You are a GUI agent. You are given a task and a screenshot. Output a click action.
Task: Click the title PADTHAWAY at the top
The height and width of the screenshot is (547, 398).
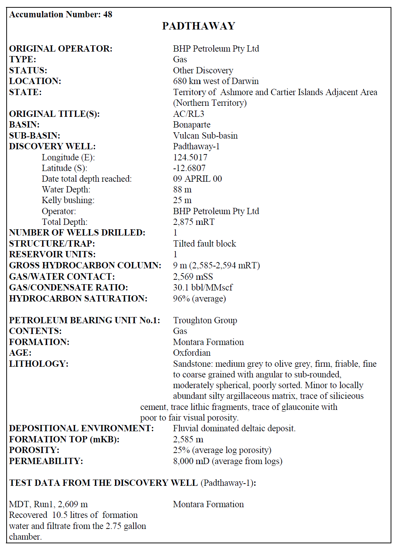tap(199, 26)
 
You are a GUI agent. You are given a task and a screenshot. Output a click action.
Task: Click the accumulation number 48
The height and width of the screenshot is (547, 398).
tap(108, 14)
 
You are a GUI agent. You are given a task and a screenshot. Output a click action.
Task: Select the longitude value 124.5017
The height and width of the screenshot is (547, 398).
tap(190, 157)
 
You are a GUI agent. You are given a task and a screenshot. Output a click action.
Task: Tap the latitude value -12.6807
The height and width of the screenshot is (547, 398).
tap(189, 168)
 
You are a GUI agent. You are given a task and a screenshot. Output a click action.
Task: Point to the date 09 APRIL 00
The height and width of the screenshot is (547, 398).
tap(198, 179)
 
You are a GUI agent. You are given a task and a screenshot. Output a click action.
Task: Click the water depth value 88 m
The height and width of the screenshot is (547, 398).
tap(182, 189)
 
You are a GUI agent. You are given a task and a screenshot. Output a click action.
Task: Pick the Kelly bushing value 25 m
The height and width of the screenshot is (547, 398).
tap(182, 200)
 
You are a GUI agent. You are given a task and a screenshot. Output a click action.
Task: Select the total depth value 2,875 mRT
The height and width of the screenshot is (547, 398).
tap(194, 222)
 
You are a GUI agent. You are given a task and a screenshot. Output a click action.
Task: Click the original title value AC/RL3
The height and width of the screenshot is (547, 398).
tap(189, 114)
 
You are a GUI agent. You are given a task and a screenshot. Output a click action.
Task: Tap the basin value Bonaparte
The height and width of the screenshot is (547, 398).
tap(192, 125)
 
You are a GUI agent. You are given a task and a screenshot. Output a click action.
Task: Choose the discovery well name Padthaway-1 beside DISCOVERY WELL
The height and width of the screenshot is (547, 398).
tap(196, 146)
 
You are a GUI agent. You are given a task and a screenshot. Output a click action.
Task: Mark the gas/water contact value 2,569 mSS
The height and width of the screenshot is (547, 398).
tap(193, 276)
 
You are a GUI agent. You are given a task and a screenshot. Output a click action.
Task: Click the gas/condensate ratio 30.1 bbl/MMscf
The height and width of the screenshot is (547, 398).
tap(203, 288)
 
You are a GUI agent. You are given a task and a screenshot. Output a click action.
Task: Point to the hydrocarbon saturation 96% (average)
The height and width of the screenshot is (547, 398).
tap(199, 299)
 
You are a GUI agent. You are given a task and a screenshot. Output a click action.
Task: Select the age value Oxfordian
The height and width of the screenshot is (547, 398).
tap(192, 353)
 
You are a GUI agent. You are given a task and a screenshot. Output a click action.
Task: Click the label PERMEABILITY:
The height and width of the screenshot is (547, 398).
tap(46, 461)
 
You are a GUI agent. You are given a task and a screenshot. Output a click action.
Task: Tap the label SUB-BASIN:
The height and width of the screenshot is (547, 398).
tap(35, 136)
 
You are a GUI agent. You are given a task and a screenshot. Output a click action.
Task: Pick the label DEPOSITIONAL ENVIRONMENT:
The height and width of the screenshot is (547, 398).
tap(81, 428)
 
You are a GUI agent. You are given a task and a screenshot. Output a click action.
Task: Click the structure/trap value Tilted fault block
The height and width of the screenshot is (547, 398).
tap(205, 244)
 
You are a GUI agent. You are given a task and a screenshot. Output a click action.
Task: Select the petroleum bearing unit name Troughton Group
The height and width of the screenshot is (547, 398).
tap(205, 320)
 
